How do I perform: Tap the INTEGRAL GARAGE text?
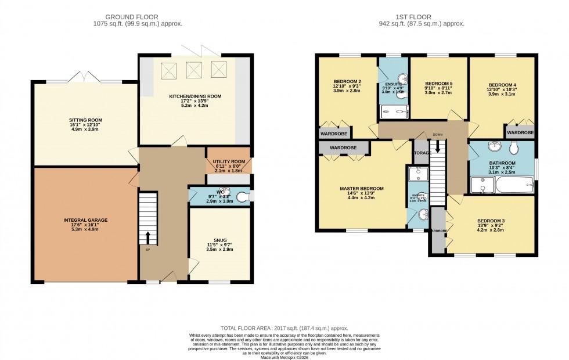85,220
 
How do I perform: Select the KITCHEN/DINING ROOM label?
195,96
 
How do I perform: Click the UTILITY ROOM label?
229,161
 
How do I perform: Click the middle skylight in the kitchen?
193,69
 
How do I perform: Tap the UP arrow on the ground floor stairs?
148,237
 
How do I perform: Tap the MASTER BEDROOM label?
362,189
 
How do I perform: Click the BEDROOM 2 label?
348,81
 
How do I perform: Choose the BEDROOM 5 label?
439,83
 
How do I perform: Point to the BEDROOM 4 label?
502,85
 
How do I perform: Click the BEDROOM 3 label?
491,221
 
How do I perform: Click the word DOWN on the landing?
437,135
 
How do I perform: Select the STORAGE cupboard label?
422,153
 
